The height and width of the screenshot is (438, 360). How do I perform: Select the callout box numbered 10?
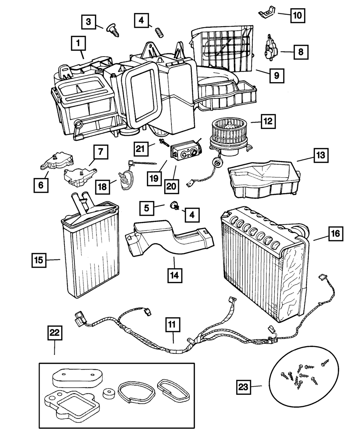click(x=297, y=16)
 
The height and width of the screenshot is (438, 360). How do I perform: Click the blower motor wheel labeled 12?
click(x=230, y=130)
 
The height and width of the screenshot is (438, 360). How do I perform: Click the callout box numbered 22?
click(x=55, y=334)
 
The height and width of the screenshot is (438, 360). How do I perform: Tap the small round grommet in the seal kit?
click(x=109, y=394)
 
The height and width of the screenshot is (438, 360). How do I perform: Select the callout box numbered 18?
click(x=103, y=186)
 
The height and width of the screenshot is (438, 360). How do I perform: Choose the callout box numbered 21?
click(x=142, y=148)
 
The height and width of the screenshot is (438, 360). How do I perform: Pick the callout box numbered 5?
click(x=147, y=208)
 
